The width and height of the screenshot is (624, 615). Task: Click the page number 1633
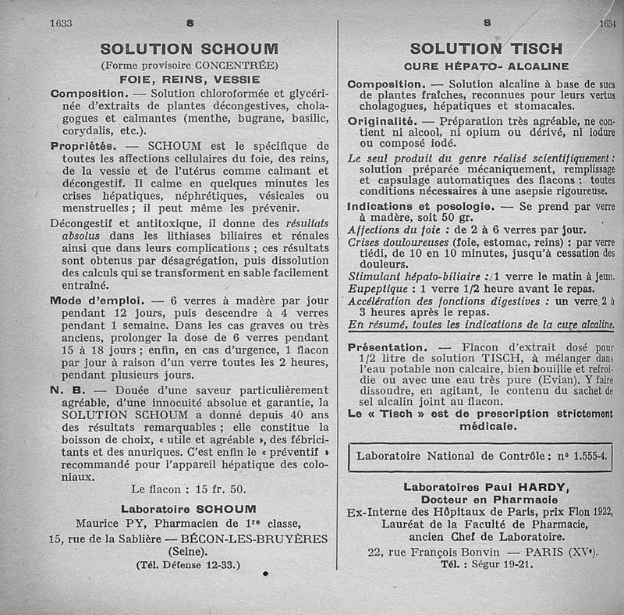coord(60,23)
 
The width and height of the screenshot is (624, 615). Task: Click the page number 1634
coord(608,24)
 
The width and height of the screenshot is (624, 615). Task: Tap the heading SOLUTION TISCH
coord(486,50)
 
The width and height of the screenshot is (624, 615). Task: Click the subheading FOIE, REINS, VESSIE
coord(189,79)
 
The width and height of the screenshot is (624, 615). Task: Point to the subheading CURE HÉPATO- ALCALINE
coord(486,66)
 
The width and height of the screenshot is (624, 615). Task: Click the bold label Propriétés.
coord(83,146)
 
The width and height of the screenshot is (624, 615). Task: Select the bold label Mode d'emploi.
coord(96,300)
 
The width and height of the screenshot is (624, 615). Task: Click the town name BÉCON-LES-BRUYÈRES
coord(253,539)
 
